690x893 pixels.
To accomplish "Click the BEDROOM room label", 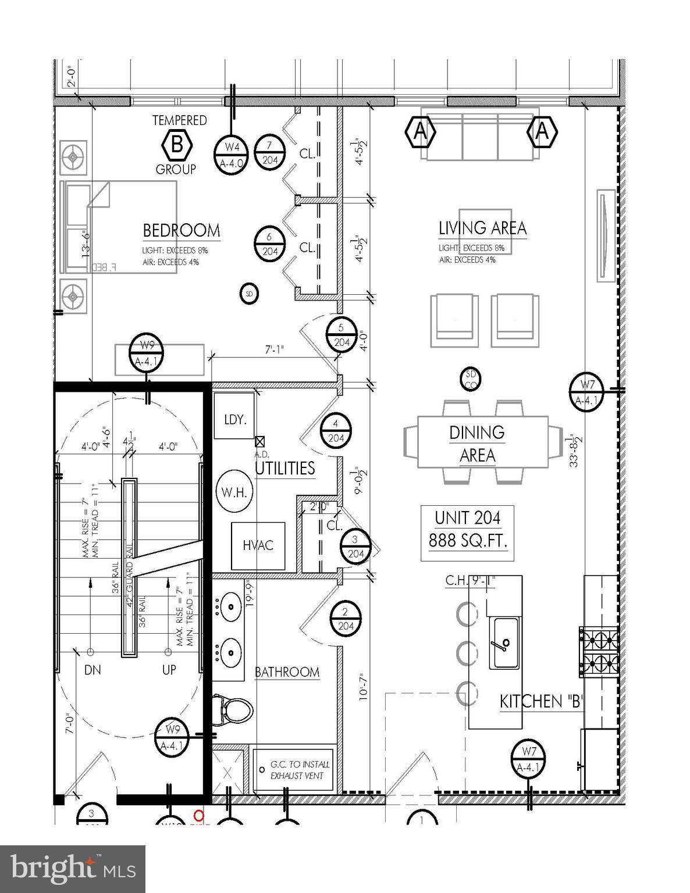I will pos(182,231).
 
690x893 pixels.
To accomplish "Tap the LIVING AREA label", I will pos(482,228).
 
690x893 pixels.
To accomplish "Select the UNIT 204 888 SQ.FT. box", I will pos(468,529).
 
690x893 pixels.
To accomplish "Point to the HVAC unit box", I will pos(258,545).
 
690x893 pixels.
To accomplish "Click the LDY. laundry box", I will pos(234,419).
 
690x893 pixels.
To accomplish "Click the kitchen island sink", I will pos(504,644).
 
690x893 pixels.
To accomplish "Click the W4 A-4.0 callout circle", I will pos(232,155).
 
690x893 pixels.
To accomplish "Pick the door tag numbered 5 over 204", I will pos(342,334).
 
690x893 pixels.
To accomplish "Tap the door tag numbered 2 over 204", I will pos(346,619).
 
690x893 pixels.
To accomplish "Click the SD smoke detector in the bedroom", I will pos(249,294).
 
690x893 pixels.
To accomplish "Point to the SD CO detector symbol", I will pos(470,379).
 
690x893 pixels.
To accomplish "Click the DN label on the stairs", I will pos(93,670).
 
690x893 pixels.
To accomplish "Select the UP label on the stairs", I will pos(169,670).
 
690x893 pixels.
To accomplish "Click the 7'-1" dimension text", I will pos(275,351).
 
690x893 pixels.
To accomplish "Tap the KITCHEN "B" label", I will pos(541,702).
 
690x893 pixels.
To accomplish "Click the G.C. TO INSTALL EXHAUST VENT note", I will pos(300,770).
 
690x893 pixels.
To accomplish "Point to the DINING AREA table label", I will pos(476,444).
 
